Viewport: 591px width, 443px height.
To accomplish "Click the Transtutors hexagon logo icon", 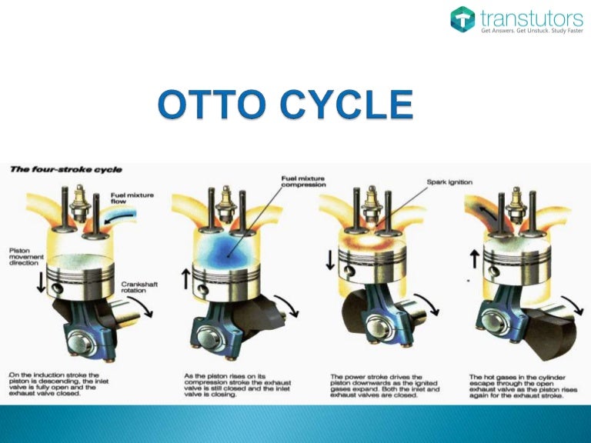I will [x=462, y=19].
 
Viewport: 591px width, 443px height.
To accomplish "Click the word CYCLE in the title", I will [x=350, y=105].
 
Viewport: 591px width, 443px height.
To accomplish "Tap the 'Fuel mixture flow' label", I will [x=132, y=198].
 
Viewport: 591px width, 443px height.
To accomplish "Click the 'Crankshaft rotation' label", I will [x=138, y=288].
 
